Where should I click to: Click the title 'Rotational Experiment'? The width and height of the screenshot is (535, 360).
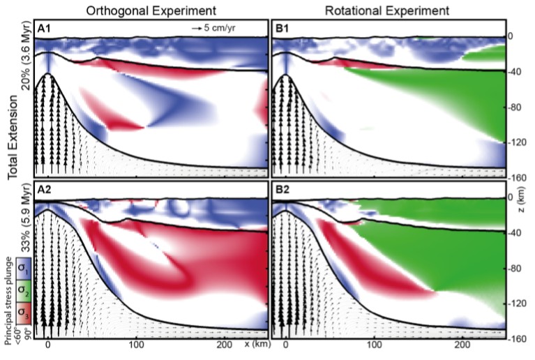point(388,9)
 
